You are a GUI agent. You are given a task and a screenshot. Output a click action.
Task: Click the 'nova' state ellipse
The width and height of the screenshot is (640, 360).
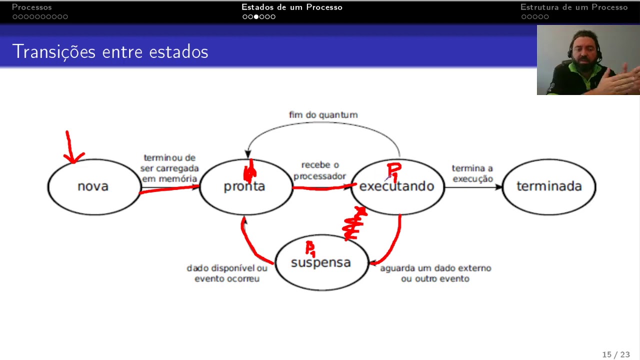[x=93, y=186]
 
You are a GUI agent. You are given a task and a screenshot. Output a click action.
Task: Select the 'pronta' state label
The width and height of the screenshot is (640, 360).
[x=244, y=186]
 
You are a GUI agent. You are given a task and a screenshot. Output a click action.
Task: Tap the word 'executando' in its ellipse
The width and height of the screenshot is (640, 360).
[x=396, y=186]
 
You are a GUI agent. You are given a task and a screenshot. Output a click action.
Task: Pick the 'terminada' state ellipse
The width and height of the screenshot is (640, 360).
[x=549, y=186]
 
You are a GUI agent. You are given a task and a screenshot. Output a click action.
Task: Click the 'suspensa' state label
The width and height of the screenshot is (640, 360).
[x=320, y=262]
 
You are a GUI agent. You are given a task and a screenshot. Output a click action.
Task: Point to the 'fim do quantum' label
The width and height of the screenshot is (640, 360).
[x=323, y=115]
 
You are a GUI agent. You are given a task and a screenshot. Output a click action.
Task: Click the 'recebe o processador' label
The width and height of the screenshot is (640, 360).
[x=319, y=170]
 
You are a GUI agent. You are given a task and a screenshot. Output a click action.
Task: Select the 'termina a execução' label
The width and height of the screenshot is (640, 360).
[x=472, y=173]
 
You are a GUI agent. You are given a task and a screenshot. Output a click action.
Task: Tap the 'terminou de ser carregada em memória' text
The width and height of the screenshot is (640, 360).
[x=169, y=168]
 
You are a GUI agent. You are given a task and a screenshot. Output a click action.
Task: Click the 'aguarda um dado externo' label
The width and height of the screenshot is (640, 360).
[x=435, y=273]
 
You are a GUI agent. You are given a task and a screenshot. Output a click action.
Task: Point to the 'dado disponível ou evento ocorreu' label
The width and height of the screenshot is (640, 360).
[x=227, y=273]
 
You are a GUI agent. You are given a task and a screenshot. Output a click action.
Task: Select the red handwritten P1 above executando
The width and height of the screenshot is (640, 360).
[x=394, y=171]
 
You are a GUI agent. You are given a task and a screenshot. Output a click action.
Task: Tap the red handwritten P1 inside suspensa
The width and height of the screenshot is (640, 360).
[x=310, y=247]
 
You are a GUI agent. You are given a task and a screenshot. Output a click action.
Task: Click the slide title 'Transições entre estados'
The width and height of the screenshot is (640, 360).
[x=110, y=51]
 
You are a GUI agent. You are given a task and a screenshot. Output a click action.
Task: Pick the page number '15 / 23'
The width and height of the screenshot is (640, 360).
[x=615, y=354]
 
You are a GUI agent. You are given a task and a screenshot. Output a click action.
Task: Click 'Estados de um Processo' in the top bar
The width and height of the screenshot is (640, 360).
[x=291, y=7]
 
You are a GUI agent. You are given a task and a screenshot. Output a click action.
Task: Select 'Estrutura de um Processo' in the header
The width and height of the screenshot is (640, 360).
[x=573, y=7]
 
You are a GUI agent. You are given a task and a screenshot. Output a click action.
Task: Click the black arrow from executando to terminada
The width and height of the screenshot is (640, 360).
[x=472, y=187]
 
